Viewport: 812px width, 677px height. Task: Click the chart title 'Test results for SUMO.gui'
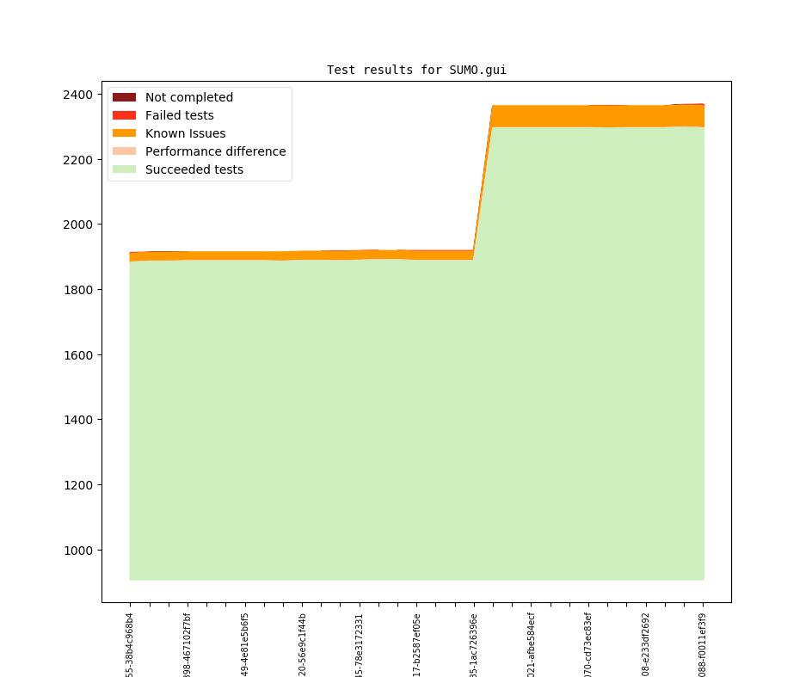pyautogui.click(x=416, y=70)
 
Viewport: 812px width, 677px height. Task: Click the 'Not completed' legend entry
pyautogui.click(x=188, y=97)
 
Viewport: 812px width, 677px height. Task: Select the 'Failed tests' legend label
pyautogui.click(x=179, y=115)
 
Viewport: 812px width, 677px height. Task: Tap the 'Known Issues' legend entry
pyautogui.click(x=185, y=133)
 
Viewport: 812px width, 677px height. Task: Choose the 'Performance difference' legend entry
pyautogui.click(x=215, y=151)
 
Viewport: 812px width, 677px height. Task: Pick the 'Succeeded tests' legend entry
pyautogui.click(x=194, y=169)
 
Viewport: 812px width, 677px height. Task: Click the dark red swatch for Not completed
pyautogui.click(x=124, y=97)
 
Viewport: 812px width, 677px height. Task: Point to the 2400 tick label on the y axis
pyautogui.click(x=79, y=95)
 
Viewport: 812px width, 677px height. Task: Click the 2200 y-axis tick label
pyautogui.click(x=79, y=160)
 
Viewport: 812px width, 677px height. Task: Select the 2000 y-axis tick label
pyautogui.click(x=79, y=225)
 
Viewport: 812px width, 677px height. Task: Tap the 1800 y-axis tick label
pyautogui.click(x=79, y=290)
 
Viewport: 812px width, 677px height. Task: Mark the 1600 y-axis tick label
pyautogui.click(x=79, y=355)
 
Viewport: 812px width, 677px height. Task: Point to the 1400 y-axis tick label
pyautogui.click(x=79, y=420)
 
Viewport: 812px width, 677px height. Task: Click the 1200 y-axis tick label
pyautogui.click(x=79, y=485)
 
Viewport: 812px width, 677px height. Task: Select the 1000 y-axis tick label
pyautogui.click(x=79, y=551)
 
